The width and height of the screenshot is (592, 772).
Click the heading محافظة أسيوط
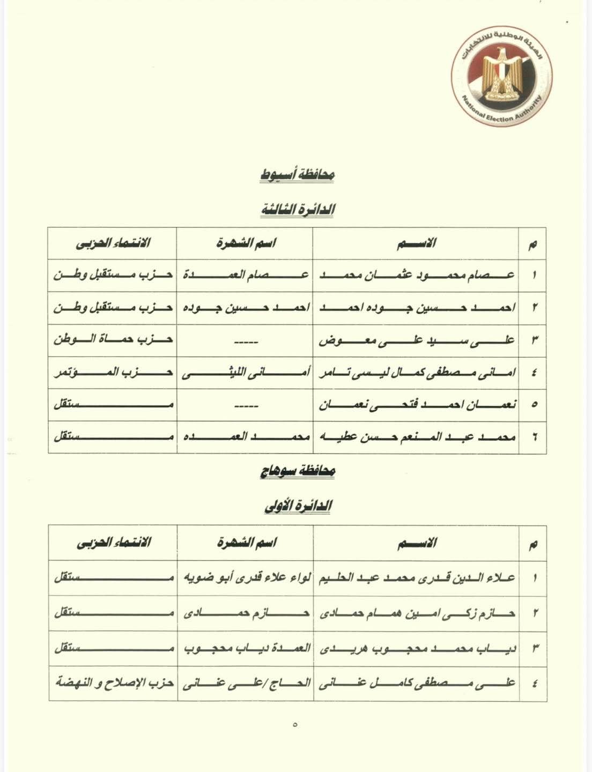point(297,174)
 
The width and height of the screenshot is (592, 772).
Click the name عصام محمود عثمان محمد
point(417,275)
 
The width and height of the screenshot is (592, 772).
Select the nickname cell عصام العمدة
point(245,275)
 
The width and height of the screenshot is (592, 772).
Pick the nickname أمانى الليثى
point(245,372)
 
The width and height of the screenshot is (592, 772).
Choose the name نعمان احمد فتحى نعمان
point(417,405)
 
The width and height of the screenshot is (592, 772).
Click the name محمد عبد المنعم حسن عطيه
point(417,437)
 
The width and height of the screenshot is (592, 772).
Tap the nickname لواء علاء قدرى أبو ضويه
point(245,577)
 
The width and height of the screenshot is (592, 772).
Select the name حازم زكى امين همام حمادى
point(417,613)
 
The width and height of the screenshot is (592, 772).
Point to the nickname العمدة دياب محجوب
point(245,648)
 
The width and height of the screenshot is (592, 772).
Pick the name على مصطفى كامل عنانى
point(417,683)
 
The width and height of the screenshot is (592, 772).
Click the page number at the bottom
point(295,724)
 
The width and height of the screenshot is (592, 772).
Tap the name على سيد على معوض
point(417,339)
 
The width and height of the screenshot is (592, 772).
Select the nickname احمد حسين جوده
point(245,308)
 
